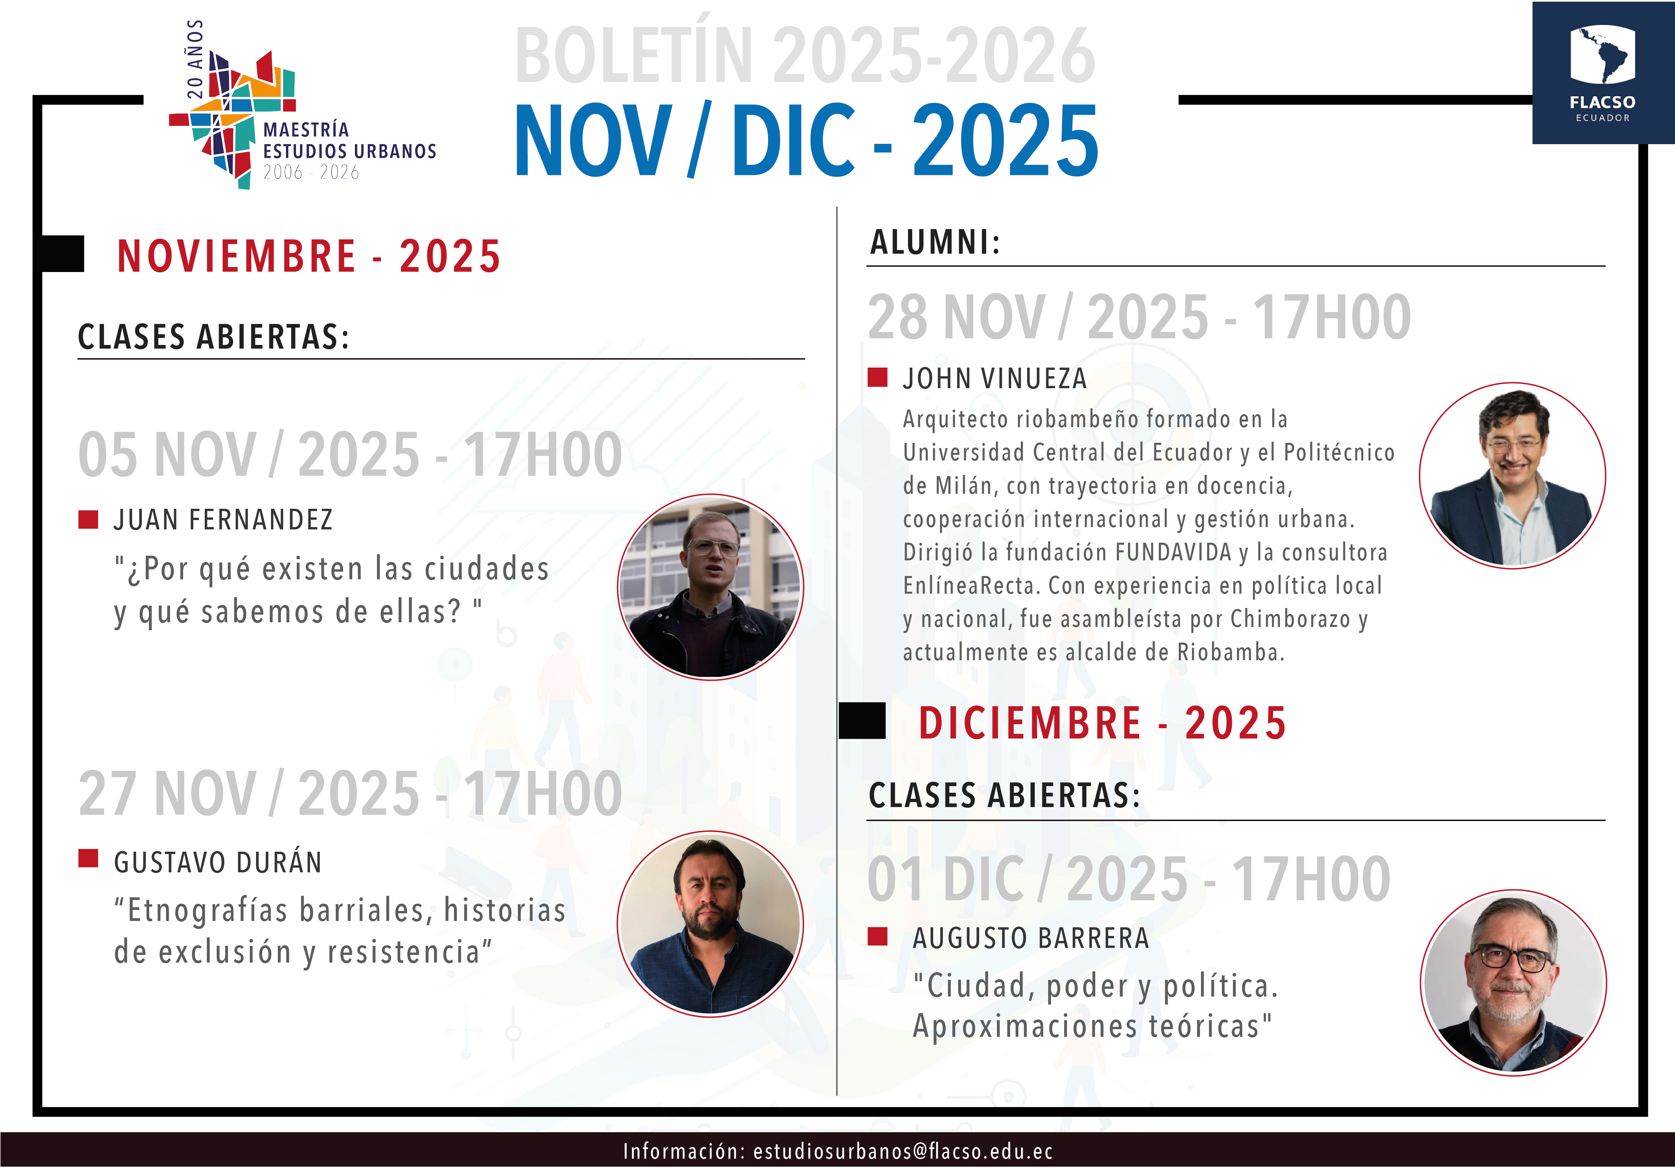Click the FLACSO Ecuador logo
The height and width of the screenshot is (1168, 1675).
[1603, 73]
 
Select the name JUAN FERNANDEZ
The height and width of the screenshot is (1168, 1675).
[223, 520]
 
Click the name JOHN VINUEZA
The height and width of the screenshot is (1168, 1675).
[995, 379]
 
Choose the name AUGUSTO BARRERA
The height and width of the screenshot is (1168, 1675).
[1031, 938]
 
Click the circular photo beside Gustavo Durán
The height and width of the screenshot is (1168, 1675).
[710, 924]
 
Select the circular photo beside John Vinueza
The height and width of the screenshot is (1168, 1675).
[1512, 476]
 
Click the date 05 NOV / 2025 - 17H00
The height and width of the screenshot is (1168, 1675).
[350, 454]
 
